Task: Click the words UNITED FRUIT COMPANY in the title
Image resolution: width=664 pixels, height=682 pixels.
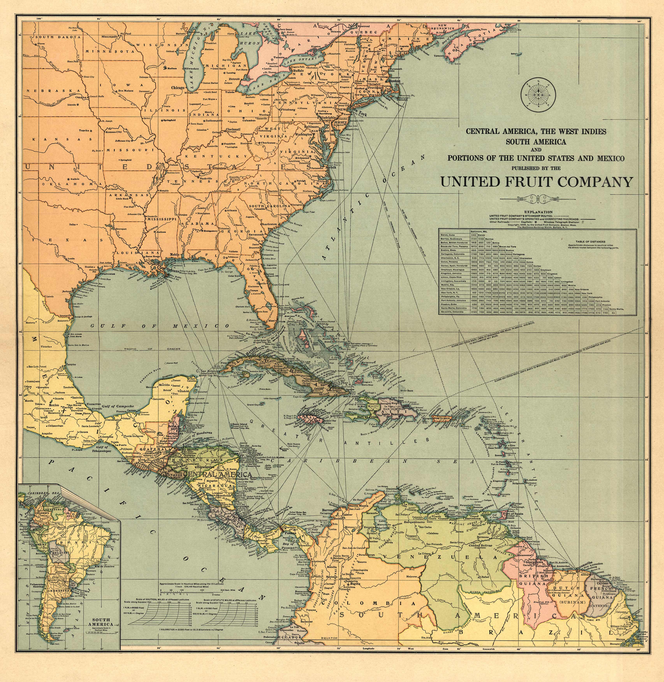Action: (x=536, y=182)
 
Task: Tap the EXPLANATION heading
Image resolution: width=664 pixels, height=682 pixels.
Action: (x=538, y=212)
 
